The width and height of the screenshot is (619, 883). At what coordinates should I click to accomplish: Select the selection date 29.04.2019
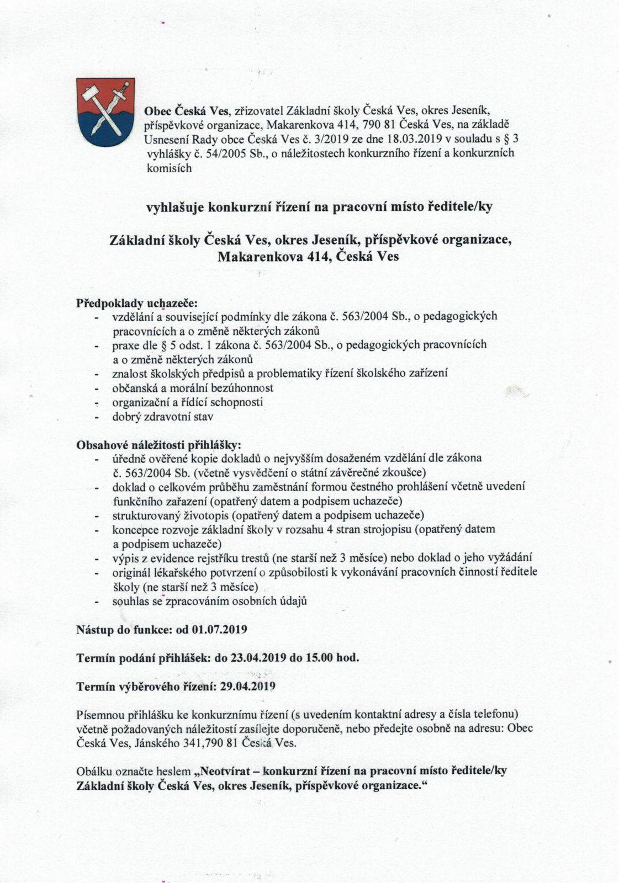[248, 687]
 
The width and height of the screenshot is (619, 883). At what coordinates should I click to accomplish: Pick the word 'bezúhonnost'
[245, 387]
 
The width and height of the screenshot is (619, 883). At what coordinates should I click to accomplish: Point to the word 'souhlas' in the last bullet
[130, 601]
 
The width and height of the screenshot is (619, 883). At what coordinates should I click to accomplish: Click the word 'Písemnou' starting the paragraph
[95, 715]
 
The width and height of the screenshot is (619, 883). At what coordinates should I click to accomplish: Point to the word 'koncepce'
[133, 529]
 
